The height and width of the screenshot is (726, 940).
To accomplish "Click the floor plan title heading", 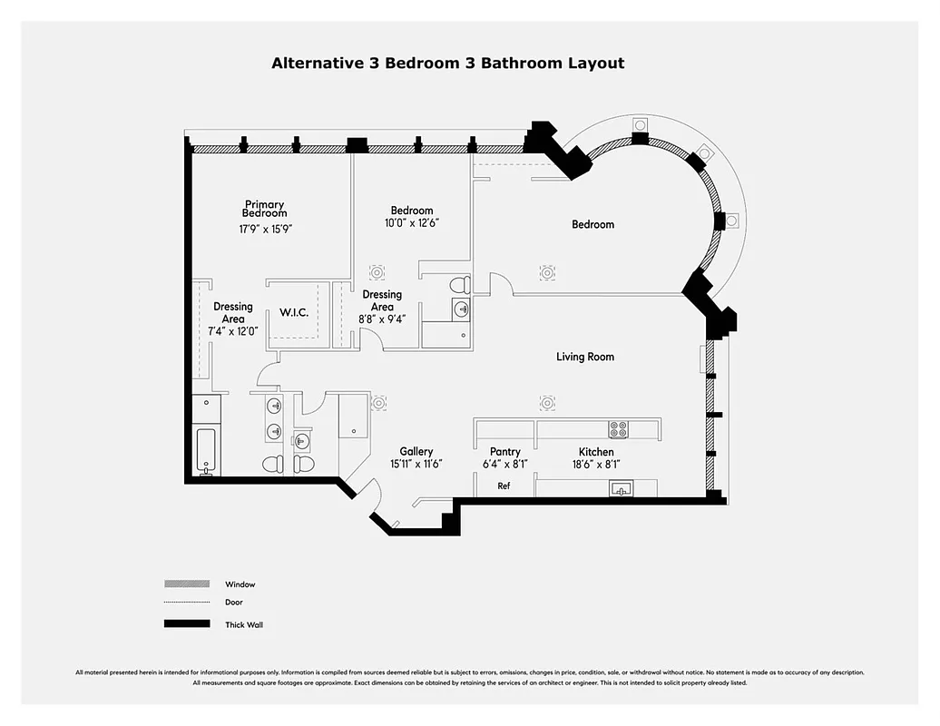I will click(x=448, y=64).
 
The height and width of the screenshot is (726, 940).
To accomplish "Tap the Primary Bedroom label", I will click(x=264, y=209).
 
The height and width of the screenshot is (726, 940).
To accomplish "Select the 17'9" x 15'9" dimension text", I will click(x=265, y=230).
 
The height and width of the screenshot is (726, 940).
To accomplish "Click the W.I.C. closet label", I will click(x=294, y=313).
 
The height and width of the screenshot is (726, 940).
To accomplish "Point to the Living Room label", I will click(x=585, y=357).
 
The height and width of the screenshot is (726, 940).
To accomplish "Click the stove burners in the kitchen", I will click(x=618, y=429).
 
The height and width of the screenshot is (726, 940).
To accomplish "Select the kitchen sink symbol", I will click(x=622, y=490).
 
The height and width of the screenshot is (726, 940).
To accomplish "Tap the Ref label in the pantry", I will click(x=504, y=486).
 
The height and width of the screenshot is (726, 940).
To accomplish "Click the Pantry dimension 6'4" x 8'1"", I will click(x=504, y=464).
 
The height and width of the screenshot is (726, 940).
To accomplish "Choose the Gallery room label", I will click(x=416, y=451).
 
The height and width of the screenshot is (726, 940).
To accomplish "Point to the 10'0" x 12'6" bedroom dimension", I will click(x=412, y=222).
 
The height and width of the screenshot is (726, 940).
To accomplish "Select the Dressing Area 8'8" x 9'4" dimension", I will click(x=382, y=319).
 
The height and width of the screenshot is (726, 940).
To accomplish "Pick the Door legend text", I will click(x=234, y=603).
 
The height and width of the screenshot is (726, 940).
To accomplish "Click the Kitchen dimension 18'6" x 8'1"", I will click(x=596, y=464).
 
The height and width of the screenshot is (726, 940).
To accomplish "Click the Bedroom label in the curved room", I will click(x=592, y=224).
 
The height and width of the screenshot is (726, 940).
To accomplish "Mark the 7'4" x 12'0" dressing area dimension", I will click(x=233, y=331).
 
